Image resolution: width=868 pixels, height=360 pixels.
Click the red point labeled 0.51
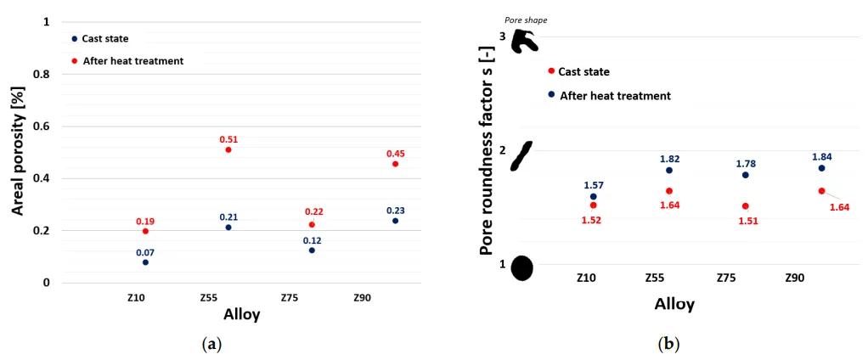228,150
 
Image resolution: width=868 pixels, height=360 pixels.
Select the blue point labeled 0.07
145,262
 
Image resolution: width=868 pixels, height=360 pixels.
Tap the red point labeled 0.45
396,164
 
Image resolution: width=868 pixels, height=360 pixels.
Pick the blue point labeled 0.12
312,250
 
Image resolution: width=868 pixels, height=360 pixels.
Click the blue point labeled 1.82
669,171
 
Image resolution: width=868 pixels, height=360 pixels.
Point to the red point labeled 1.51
745,206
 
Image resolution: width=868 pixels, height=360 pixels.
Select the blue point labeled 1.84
821,168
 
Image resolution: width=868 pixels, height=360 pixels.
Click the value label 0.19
145,221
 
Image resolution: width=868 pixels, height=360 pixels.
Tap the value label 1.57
594,185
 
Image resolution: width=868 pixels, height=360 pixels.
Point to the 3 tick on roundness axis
503,37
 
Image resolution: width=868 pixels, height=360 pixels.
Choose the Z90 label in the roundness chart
794,278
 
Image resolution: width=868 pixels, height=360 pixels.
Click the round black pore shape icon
521,267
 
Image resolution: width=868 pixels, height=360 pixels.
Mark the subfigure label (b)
668,344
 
